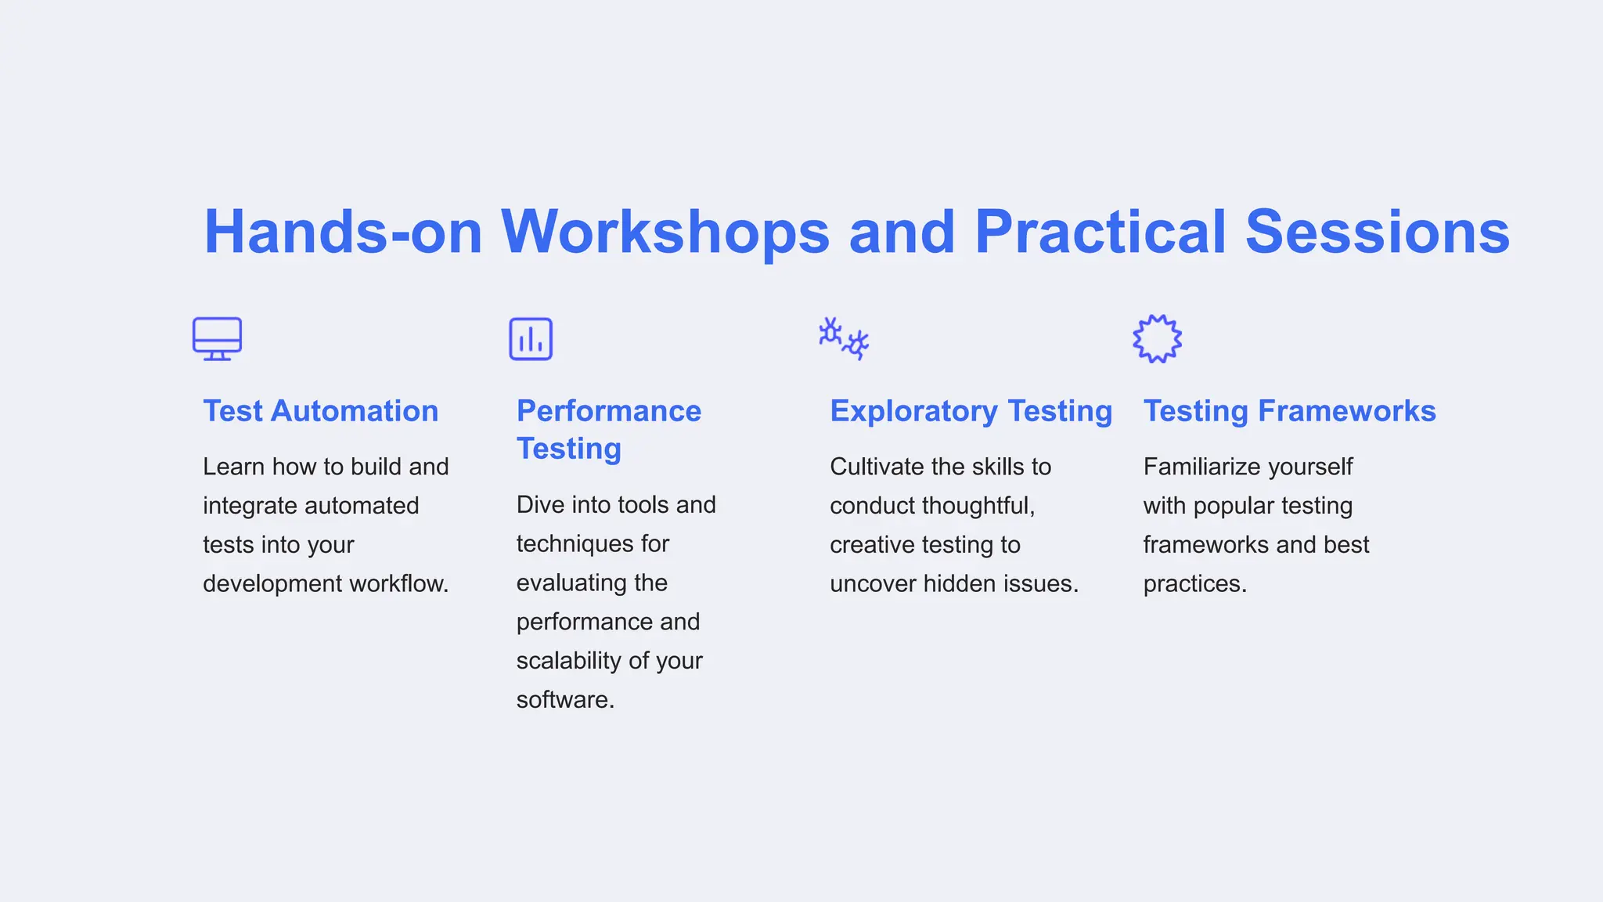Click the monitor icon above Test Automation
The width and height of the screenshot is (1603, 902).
tap(217, 338)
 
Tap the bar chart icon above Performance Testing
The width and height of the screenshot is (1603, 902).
tap(531, 339)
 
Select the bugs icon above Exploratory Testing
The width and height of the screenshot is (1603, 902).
tap(844, 338)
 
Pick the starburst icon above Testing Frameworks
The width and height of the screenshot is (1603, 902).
tap(1157, 339)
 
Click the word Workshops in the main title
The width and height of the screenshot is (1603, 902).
tap(665, 233)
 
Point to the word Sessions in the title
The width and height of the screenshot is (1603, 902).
tap(1377, 233)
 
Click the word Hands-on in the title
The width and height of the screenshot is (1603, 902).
tap(343, 233)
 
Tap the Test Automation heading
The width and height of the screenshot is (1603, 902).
tap(321, 411)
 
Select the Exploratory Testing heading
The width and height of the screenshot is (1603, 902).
tap(971, 411)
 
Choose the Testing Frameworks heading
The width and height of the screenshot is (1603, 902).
tap(1289, 411)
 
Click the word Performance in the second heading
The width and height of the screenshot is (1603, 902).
tap(609, 411)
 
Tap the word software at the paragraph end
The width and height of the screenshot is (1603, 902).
tap(564, 700)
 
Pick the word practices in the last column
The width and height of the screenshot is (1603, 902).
tap(1194, 584)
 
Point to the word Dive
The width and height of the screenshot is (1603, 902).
tap(540, 505)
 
